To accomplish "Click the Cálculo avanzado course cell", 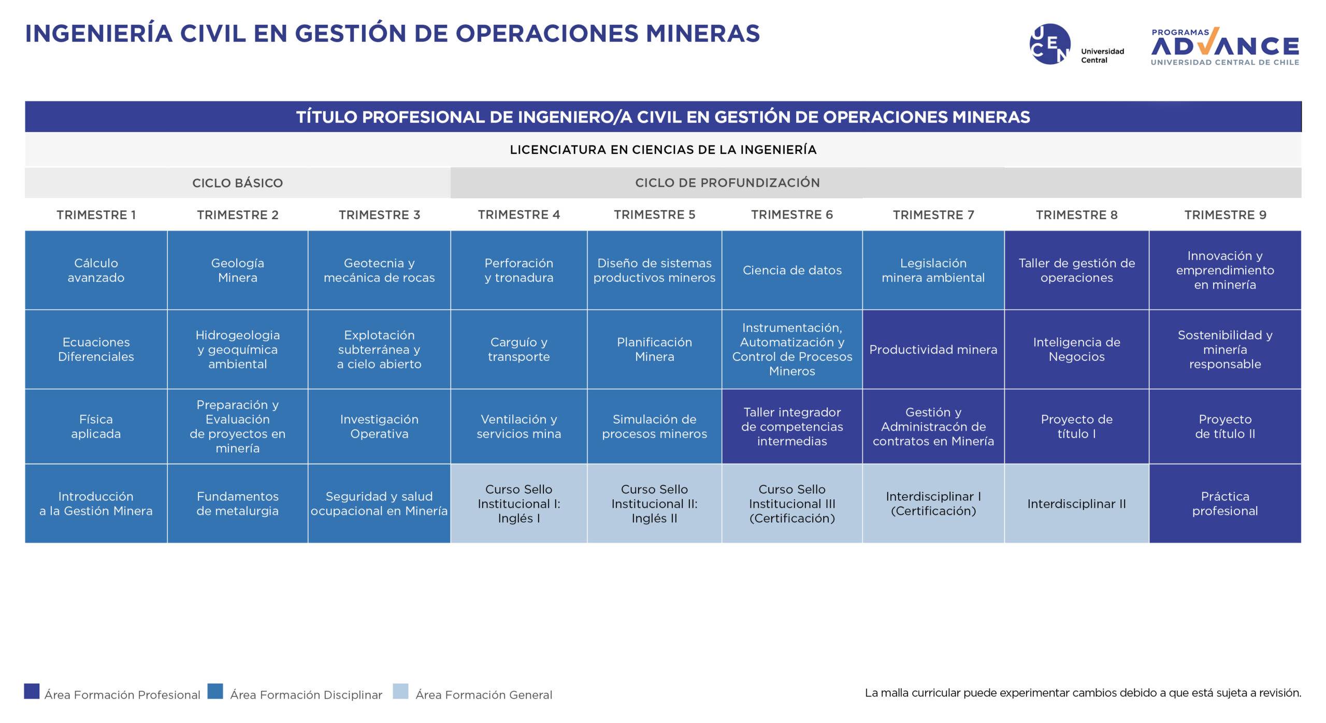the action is click(96, 270).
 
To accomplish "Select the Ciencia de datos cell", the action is click(792, 270).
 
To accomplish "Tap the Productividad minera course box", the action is click(933, 350).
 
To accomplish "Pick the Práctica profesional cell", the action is click(1225, 503).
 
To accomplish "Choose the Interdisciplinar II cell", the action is click(1077, 503).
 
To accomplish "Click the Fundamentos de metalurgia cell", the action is click(238, 503).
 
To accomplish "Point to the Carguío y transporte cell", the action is click(519, 350).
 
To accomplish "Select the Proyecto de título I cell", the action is click(1077, 426).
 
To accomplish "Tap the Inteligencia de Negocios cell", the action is click(1077, 350).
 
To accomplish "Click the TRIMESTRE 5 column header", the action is click(655, 214).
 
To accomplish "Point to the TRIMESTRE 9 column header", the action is click(1225, 214).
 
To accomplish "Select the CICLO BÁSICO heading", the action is click(238, 183).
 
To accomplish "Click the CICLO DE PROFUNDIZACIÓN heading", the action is click(727, 183).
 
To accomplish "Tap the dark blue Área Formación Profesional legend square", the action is click(32, 691).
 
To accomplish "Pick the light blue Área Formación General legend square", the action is click(400, 691).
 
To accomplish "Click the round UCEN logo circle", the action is click(1050, 44).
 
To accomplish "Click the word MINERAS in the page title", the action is click(703, 34).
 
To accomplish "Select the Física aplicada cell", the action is click(96, 426).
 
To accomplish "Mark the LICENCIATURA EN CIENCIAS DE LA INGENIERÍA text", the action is click(663, 150).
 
